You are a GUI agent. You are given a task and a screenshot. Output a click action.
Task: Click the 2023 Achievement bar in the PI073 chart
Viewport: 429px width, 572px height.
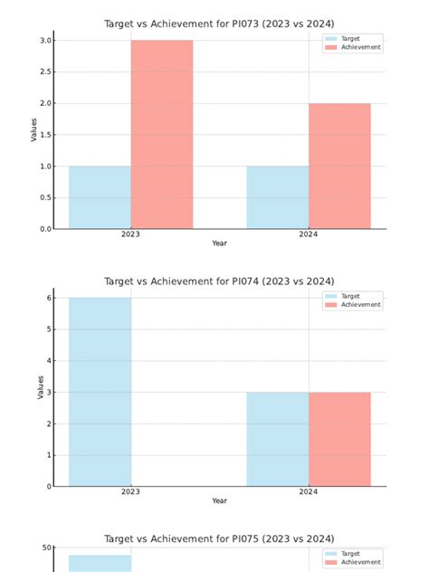pyautogui.click(x=161, y=134)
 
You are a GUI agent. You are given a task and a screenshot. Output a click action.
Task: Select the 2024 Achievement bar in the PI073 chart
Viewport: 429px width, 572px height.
pyautogui.click(x=339, y=166)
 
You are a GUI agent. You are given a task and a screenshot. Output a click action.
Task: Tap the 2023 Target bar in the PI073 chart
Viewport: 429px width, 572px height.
pyautogui.click(x=100, y=196)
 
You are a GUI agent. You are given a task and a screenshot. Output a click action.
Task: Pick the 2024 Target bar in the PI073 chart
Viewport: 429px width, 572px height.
pyautogui.click(x=277, y=196)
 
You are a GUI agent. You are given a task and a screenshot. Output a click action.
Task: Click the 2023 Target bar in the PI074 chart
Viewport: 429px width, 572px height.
pyautogui.click(x=100, y=392)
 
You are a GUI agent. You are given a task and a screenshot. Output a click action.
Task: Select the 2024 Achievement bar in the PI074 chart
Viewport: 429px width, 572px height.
pyautogui.click(x=339, y=439)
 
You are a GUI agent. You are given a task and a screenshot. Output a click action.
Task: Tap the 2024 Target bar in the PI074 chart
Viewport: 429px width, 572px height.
pyautogui.click(x=277, y=439)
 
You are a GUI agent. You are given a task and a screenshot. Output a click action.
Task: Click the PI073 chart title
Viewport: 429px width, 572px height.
pyautogui.click(x=219, y=24)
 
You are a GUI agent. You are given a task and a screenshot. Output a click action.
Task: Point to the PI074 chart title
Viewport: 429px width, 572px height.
pyautogui.click(x=219, y=281)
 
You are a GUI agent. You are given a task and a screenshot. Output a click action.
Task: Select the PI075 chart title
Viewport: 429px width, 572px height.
pyautogui.click(x=219, y=539)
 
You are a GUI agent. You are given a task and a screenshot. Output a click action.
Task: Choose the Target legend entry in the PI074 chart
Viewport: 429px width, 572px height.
pyautogui.click(x=350, y=296)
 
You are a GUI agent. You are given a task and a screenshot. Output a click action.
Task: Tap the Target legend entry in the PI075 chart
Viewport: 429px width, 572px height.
pyautogui.click(x=350, y=553)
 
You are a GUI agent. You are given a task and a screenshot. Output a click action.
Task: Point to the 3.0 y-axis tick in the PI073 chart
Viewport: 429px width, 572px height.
pyautogui.click(x=44, y=41)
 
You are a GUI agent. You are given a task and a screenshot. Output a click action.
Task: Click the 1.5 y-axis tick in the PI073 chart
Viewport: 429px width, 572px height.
pyautogui.click(x=44, y=135)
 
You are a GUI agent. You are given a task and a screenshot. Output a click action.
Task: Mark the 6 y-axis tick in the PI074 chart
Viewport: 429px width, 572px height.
pyautogui.click(x=48, y=298)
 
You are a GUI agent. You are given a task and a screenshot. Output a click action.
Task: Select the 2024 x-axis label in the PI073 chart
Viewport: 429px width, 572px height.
pyautogui.click(x=308, y=234)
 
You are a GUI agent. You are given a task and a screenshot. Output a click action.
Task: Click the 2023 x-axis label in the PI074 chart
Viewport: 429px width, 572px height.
pyautogui.click(x=130, y=491)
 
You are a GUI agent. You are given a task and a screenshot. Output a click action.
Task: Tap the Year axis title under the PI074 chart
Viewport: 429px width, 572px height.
pyautogui.click(x=219, y=500)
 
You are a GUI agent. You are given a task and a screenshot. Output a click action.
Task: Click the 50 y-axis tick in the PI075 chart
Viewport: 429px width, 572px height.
pyautogui.click(x=45, y=548)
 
